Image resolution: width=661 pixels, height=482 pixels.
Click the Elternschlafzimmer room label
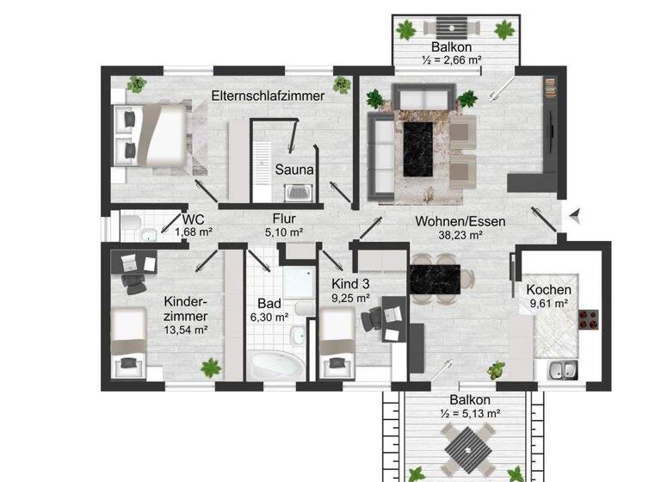pyautogui.click(x=268, y=96)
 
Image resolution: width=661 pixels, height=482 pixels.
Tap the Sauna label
pyautogui.click(x=294, y=170)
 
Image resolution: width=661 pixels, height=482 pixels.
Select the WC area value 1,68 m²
pyautogui.click(x=194, y=232)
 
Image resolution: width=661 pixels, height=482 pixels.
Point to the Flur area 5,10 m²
pyautogui.click(x=284, y=232)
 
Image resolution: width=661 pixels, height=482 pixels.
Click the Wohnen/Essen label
pyautogui.click(x=460, y=220)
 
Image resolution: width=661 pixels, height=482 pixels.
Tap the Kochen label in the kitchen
pyautogui.click(x=548, y=289)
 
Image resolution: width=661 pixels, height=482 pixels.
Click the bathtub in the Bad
pyautogui.click(x=276, y=365)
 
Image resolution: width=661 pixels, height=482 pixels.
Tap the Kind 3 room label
pyautogui.click(x=350, y=283)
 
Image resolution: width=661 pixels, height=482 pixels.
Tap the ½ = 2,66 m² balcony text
pyautogui.click(x=452, y=59)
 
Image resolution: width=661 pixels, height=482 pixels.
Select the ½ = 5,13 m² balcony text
pyautogui.click(x=469, y=413)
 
